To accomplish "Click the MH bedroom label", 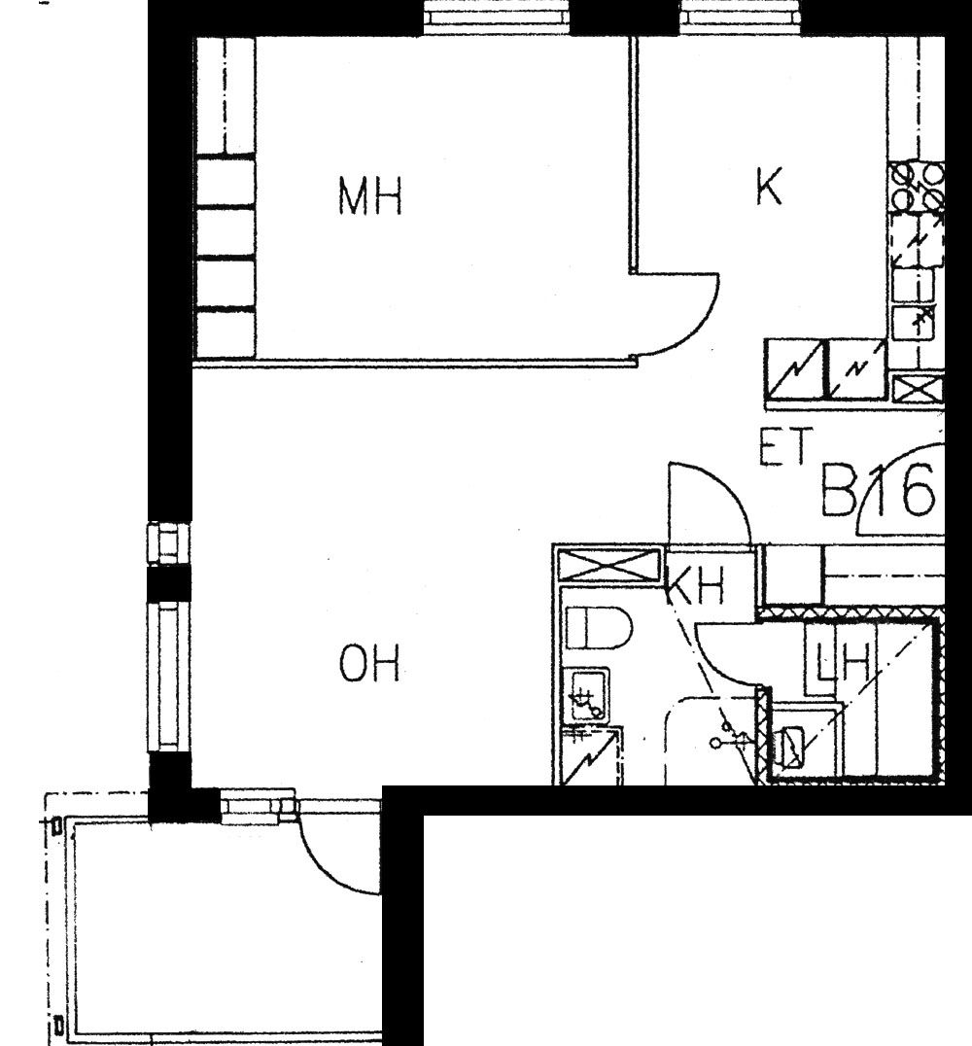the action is pyautogui.click(x=370, y=195).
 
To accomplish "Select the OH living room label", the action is pyautogui.click(x=369, y=663).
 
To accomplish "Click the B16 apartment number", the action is pyautogui.click(x=878, y=491).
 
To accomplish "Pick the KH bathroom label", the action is pyautogui.click(x=695, y=586).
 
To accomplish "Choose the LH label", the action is pyautogui.click(x=844, y=662).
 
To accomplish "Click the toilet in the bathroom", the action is pyautogui.click(x=598, y=628).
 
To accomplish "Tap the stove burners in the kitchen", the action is pyautogui.click(x=918, y=188).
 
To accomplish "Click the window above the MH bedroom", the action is pyautogui.click(x=497, y=18).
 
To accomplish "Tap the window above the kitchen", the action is pyautogui.click(x=741, y=18).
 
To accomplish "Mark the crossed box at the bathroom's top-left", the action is pyautogui.click(x=608, y=565).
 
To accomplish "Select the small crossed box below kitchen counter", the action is pyautogui.click(x=918, y=388).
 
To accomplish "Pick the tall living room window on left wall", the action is pyautogui.click(x=169, y=677).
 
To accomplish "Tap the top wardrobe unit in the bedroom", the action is pyautogui.click(x=226, y=96).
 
